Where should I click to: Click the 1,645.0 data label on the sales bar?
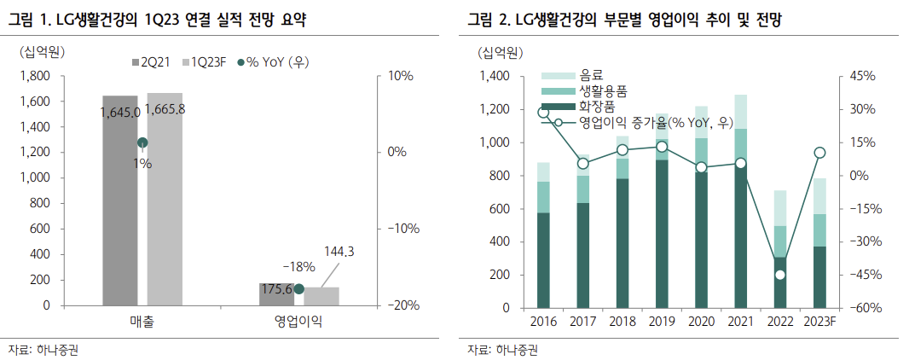pos(119,112)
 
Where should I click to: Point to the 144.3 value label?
pos(339,252)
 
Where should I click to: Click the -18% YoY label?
pos(299,266)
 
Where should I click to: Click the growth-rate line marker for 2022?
pos(779,275)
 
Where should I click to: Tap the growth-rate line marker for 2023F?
pos(819,153)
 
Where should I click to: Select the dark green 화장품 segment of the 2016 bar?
pos(543,259)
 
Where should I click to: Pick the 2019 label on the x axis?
pos(662,322)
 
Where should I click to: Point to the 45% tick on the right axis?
pos(863,76)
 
